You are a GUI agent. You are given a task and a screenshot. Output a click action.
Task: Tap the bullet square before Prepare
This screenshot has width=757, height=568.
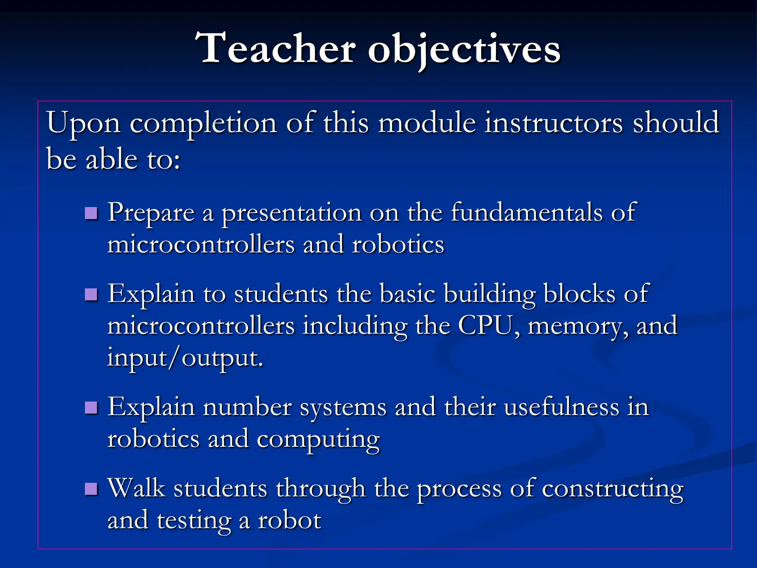(x=91, y=213)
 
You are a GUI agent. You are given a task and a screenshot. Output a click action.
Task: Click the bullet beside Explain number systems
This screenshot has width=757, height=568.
(x=91, y=408)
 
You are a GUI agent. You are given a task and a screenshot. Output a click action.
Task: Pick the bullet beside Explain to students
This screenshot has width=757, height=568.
(x=91, y=294)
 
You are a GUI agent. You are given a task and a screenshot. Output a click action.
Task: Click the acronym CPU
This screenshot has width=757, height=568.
(x=485, y=325)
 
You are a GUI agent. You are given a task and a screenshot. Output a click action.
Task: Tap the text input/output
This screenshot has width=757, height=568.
(x=185, y=358)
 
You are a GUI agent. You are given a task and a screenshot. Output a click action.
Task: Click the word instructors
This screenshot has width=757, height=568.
(x=554, y=123)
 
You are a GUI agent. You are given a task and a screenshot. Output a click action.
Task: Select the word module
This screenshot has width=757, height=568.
(x=427, y=123)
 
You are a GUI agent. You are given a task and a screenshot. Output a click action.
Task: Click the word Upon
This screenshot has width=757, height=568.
(x=84, y=124)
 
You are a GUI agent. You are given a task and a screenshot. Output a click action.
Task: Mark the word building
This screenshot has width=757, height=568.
(x=489, y=295)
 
